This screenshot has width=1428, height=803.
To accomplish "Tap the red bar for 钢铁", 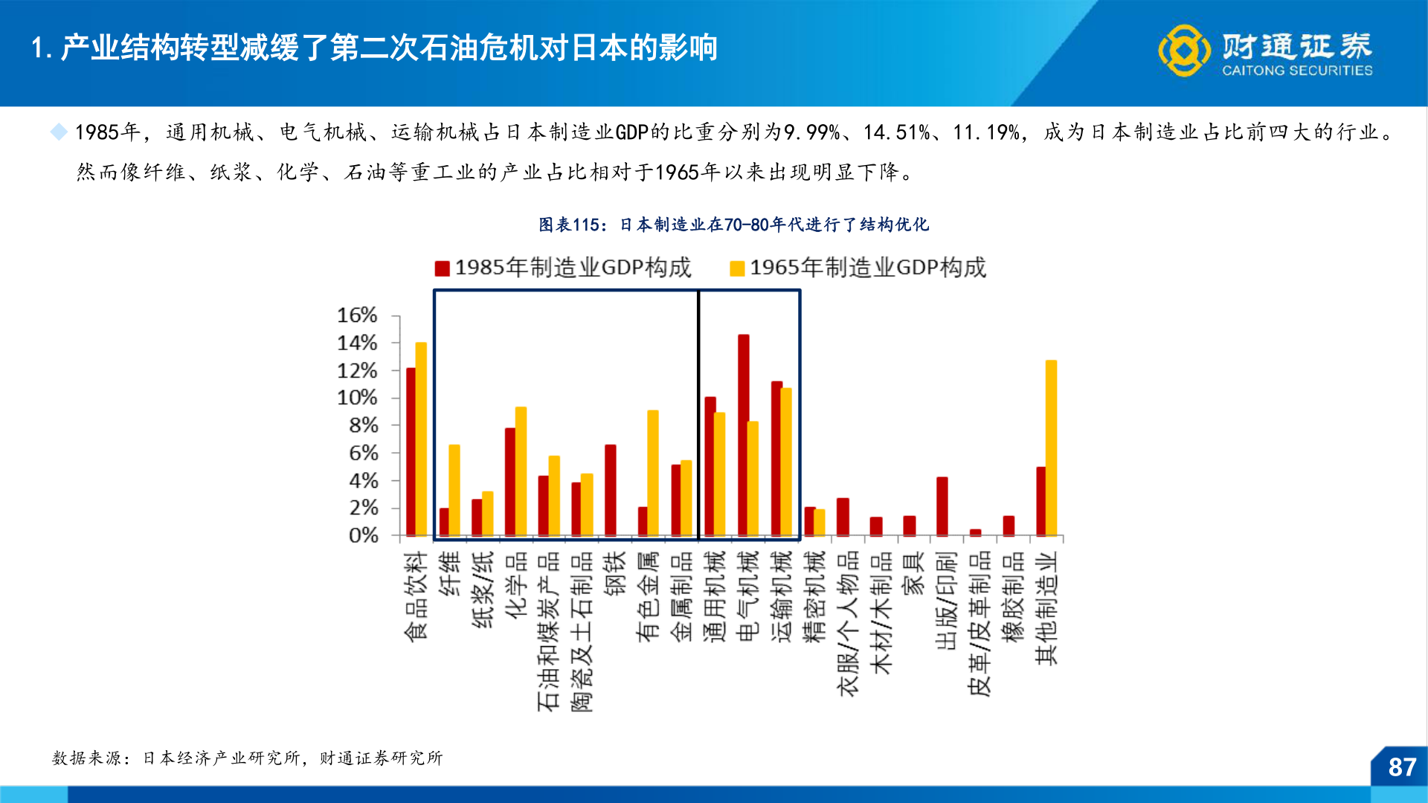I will tap(611, 490).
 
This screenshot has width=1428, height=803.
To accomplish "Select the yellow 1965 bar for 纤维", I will tap(454, 490).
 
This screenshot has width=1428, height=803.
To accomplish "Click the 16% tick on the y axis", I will tap(357, 315).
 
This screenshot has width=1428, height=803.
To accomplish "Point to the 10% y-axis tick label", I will tap(357, 398).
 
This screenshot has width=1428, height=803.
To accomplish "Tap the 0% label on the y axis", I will tap(363, 535).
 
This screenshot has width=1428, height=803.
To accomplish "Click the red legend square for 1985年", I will tap(443, 268).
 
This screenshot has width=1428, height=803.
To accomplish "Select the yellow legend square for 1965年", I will tap(737, 268).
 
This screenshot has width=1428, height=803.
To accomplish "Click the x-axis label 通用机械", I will tap(714, 596).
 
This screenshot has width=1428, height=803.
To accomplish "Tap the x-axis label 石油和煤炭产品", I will tap(548, 631).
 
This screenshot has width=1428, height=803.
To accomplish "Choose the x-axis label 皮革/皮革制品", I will tap(980, 623).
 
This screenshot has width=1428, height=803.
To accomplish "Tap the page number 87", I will tap(1402, 767).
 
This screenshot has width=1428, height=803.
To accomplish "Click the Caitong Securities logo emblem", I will tap(1183, 50).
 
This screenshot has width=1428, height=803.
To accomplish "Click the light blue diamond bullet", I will tap(59, 132).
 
